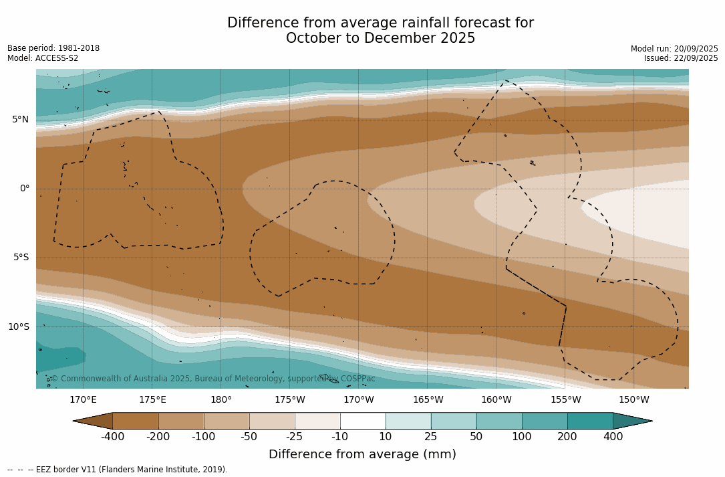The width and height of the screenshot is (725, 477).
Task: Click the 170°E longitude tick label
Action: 83,400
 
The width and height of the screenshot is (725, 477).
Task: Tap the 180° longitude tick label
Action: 221,400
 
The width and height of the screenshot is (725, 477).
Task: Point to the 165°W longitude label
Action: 428,400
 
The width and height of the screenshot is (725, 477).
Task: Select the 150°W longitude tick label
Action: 633,400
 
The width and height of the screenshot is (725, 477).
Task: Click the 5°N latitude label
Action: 20,120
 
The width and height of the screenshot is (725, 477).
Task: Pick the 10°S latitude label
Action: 18,327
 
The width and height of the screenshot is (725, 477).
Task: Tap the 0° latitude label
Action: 25,189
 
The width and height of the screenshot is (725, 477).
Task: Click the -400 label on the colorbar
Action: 112,437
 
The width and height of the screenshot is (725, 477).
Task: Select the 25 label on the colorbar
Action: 431,437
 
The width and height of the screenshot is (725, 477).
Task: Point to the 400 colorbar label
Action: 613,437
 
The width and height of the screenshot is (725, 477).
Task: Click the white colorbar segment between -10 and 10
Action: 363,421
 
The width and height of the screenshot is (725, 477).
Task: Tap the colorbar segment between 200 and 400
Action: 590,421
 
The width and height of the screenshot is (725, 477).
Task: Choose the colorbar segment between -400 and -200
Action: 136,421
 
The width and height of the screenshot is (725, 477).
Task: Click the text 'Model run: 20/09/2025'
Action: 674,49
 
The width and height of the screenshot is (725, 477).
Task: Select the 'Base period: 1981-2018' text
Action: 53,48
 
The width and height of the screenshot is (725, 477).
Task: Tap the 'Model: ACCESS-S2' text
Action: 43,58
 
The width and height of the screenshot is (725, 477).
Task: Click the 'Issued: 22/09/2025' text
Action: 681,58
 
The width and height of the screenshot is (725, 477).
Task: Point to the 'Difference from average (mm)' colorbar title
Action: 362,455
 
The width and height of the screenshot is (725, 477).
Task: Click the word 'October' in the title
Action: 313,38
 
